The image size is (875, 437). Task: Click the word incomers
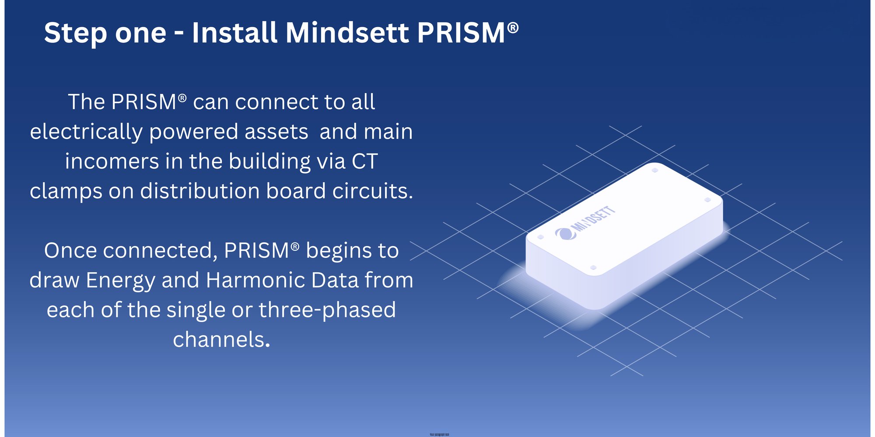click(112, 162)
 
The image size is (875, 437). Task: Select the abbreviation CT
click(364, 162)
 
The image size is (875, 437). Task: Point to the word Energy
click(120, 281)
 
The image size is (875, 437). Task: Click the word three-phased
click(327, 310)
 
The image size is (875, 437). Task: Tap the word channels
click(221, 340)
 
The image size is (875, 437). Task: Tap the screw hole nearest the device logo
click(540, 237)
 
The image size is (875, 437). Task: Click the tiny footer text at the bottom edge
click(439, 434)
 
